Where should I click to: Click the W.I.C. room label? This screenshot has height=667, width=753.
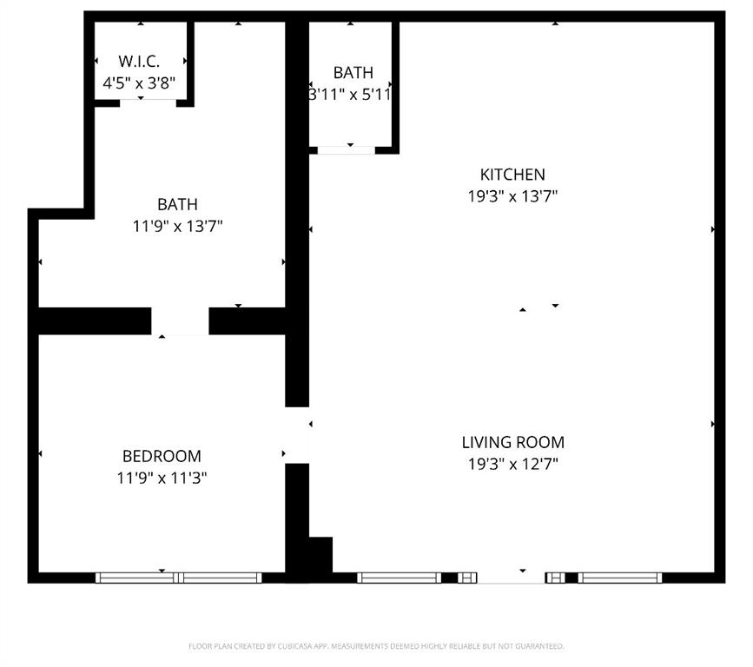tap(139, 62)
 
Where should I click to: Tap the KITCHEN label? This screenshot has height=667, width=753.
tap(512, 175)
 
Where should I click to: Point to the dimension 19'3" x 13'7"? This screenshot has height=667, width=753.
tap(512, 196)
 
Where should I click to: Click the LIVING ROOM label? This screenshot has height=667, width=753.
tap(512, 442)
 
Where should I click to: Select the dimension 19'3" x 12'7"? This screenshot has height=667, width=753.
tap(512, 464)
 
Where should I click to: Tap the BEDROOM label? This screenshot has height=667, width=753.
tap(162, 456)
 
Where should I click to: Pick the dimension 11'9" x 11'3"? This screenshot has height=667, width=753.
tap(162, 478)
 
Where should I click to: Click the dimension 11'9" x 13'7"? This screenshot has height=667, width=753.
tap(177, 227)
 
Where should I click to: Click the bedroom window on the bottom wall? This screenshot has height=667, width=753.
tap(179, 578)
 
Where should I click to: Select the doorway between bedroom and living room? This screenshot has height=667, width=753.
tap(297, 435)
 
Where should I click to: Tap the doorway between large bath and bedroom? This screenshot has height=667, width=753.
tap(180, 320)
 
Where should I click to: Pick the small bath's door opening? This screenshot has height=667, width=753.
tap(346, 150)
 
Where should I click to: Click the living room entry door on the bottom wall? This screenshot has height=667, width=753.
tap(512, 578)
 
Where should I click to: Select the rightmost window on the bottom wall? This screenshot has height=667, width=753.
tap(620, 578)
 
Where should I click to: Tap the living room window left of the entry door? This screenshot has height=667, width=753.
tap(400, 578)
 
